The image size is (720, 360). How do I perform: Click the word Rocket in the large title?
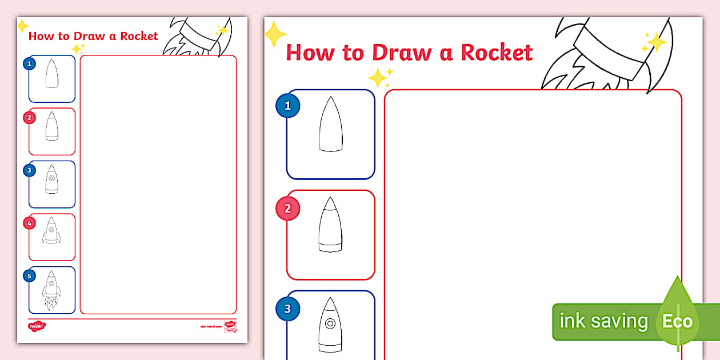[x=497, y=52]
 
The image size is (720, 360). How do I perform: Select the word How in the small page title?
[x=41, y=36]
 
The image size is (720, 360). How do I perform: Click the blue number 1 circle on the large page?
[x=287, y=106]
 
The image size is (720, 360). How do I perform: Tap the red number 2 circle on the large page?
[x=287, y=209]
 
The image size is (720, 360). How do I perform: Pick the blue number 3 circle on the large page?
[x=287, y=309]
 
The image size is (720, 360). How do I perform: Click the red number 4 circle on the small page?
[x=29, y=223]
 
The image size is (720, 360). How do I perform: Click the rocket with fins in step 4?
[x=51, y=231]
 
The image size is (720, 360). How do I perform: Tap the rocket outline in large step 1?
[x=330, y=125]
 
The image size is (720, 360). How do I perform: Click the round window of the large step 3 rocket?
[x=330, y=323]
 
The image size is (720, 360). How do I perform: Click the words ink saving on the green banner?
[x=603, y=321]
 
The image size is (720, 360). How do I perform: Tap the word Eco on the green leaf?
[x=677, y=321]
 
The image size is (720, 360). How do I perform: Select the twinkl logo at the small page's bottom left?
[x=37, y=326]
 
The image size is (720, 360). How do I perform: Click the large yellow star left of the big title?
[x=275, y=34]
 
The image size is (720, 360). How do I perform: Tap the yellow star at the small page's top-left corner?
[x=22, y=26]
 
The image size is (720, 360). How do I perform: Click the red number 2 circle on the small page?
[x=29, y=118]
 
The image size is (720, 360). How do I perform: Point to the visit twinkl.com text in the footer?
[x=210, y=326]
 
